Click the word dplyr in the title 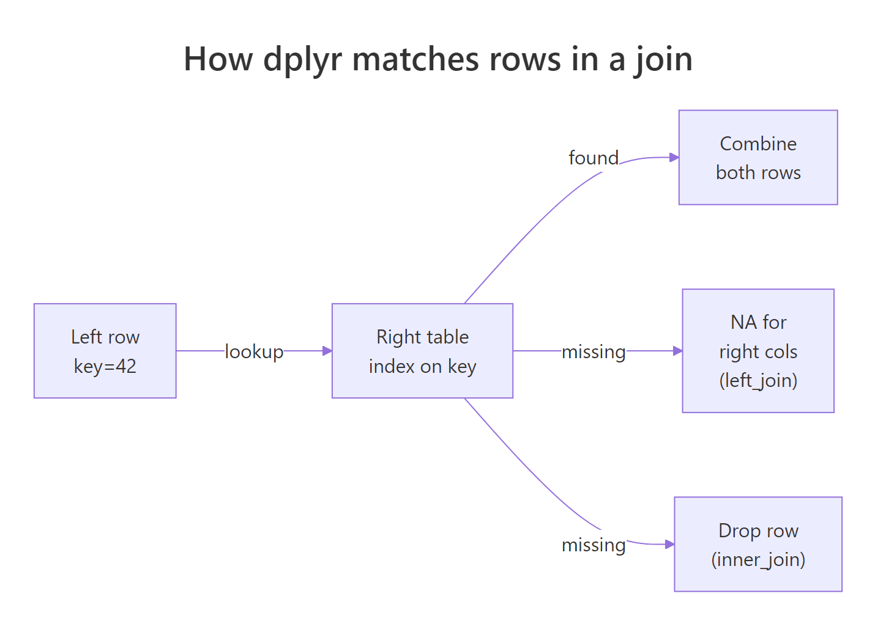303,60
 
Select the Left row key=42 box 105,351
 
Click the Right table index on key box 422,351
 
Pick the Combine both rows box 758,158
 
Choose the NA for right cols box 758,351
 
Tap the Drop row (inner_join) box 758,544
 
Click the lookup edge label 254,351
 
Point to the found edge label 593,158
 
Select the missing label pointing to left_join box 594,351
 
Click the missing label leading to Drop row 594,545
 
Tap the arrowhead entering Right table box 327,351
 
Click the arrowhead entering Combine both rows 674,158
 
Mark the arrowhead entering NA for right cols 677,351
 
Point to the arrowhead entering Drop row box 670,544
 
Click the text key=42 105,366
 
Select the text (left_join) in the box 758,380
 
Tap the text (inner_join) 758,559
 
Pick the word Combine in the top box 758,144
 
